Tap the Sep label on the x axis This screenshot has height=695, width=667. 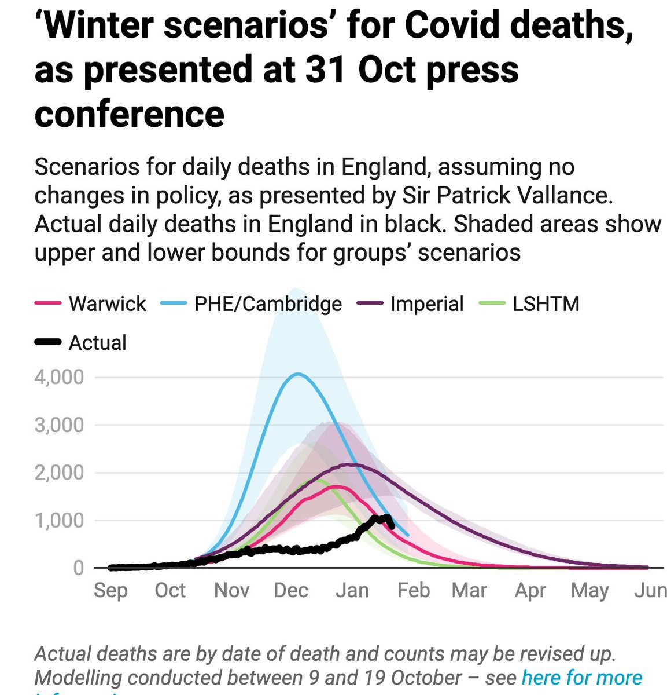[x=110, y=590]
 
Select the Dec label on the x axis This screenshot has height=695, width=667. [x=291, y=590]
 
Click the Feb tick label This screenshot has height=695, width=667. [x=414, y=590]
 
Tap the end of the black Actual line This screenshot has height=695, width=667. [x=393, y=526]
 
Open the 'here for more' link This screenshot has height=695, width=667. [x=581, y=677]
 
